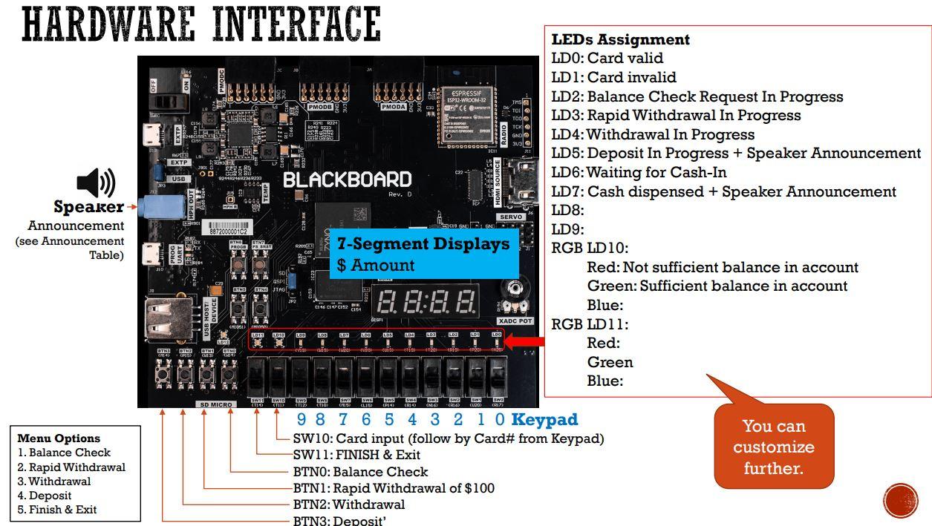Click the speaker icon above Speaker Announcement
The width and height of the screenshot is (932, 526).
click(x=96, y=183)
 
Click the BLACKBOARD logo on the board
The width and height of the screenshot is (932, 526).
click(x=347, y=180)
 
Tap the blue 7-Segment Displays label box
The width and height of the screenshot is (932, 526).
click(x=423, y=254)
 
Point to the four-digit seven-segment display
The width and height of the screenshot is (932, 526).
click(x=427, y=300)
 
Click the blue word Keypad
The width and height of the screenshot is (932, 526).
click(x=544, y=420)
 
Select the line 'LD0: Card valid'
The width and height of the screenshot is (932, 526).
click(x=607, y=58)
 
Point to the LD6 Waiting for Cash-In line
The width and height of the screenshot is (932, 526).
click(x=639, y=172)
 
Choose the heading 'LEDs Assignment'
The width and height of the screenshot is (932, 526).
click(x=620, y=39)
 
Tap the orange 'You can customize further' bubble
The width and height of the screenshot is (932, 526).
click(x=773, y=447)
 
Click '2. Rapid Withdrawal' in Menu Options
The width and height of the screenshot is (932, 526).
click(x=71, y=467)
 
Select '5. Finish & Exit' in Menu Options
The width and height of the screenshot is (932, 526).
click(x=57, y=510)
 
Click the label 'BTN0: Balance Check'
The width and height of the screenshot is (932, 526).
click(x=360, y=472)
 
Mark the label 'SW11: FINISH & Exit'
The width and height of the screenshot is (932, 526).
click(x=356, y=455)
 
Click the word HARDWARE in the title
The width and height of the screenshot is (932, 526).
click(x=108, y=24)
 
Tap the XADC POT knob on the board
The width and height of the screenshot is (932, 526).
click(x=515, y=290)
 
